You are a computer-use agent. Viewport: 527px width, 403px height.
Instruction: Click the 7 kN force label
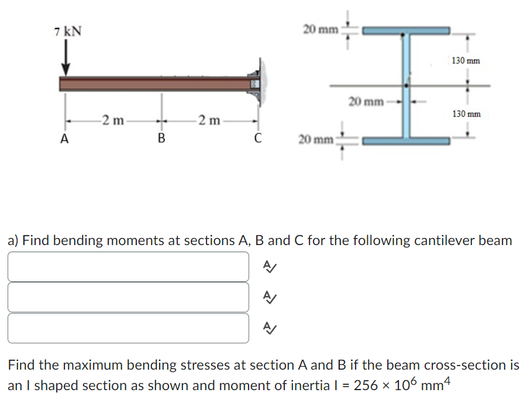[x=67, y=31]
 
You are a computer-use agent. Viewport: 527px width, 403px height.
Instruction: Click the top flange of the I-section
[x=407, y=30]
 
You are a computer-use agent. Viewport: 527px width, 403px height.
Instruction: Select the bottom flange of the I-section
[x=407, y=141]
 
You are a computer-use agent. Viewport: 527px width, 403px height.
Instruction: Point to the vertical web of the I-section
[x=407, y=85]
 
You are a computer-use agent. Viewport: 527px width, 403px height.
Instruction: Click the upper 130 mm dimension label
[x=466, y=60]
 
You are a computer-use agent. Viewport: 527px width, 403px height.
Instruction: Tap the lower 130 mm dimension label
[x=466, y=113]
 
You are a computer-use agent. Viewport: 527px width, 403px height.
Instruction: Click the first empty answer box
[x=128, y=267]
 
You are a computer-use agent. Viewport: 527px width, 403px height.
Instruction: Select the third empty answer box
[x=128, y=328]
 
